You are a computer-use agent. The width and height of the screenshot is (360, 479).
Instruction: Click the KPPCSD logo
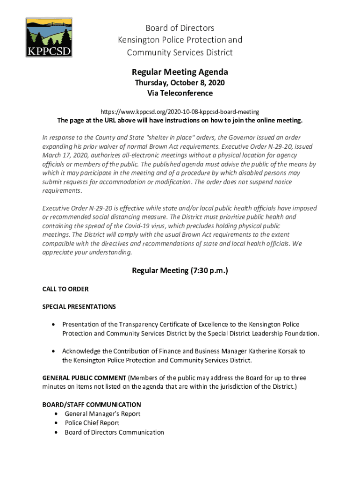click(x=49, y=37)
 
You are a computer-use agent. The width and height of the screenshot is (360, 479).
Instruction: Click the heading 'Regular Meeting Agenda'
click(x=180, y=72)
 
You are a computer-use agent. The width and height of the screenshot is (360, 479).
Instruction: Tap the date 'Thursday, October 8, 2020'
click(x=180, y=83)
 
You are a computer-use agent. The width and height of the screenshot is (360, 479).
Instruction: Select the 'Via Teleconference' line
click(x=180, y=93)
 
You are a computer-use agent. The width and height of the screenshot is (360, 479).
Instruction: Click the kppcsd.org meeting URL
click(x=180, y=112)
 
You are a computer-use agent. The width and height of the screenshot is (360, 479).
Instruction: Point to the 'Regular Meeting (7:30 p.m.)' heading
click(x=180, y=270)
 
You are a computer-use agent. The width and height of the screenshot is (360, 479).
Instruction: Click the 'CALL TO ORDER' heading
click(x=65, y=289)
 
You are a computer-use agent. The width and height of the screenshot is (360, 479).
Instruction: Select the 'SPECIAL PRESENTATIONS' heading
click(x=79, y=307)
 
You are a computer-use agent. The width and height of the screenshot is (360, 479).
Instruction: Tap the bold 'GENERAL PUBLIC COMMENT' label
click(x=84, y=377)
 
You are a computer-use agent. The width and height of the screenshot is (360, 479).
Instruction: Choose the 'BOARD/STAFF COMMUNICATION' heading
click(x=92, y=404)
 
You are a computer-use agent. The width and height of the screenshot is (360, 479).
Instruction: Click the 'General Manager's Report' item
click(x=102, y=414)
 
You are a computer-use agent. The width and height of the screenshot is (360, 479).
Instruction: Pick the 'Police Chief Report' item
click(x=92, y=423)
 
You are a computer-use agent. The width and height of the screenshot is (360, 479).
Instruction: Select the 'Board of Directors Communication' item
click(x=114, y=432)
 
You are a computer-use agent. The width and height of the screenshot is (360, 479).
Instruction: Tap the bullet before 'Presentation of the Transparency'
click(x=55, y=324)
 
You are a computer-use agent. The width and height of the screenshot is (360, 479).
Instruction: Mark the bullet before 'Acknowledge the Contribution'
click(x=55, y=351)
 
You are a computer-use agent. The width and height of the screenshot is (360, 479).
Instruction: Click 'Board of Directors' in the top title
click(x=180, y=28)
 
